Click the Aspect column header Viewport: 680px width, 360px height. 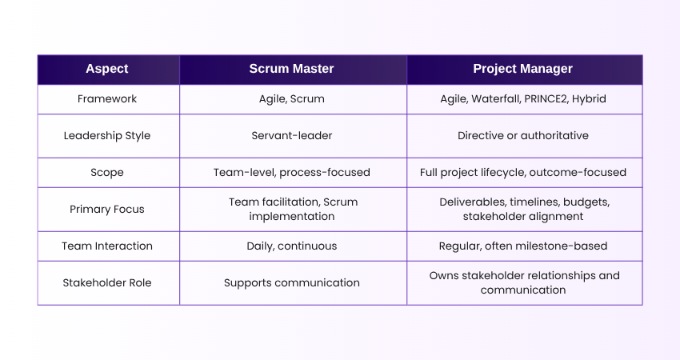point(108,69)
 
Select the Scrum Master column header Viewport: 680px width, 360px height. point(292,69)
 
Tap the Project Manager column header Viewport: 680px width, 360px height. point(523,69)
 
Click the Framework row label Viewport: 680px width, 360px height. point(108,99)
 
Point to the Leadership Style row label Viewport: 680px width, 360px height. point(108,135)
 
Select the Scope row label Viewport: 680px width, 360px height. point(108,172)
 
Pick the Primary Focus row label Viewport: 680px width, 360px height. point(108,209)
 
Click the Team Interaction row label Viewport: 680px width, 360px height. point(108,246)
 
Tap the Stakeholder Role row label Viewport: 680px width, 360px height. point(108,282)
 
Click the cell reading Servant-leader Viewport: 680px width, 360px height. point(292,135)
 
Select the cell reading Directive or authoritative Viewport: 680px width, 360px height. point(523,135)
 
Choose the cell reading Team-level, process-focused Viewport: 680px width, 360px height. point(292,172)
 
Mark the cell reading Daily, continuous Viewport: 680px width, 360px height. point(292,246)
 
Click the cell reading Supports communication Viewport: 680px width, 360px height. point(292,282)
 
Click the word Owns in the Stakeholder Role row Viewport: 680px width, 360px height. point(444,275)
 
